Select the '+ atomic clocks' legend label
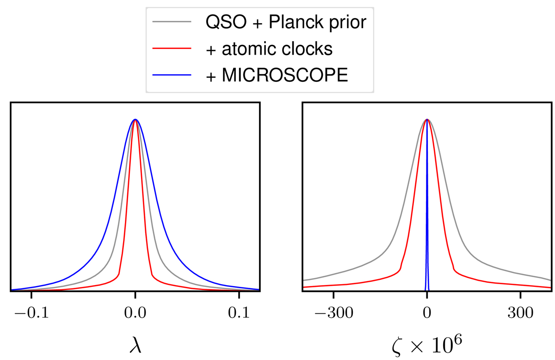tap(269, 49)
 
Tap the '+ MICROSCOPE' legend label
tap(277, 74)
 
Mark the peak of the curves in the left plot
tap(135, 120)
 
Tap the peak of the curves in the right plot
tap(427, 120)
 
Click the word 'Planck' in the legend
tap(302, 23)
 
